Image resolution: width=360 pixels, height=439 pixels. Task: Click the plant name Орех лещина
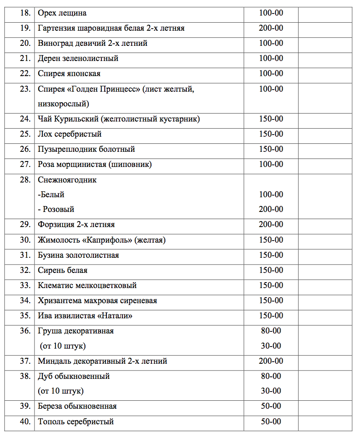[x=62, y=13]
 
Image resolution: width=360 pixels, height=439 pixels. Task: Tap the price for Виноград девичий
[x=271, y=43]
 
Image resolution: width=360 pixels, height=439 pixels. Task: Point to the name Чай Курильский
[x=68, y=119]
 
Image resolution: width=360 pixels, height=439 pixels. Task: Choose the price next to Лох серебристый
[x=271, y=134]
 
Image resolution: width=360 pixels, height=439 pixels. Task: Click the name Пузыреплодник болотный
[x=86, y=149]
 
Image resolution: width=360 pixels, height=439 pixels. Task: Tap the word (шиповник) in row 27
[x=130, y=164]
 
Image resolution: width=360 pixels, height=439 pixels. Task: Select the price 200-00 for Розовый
[x=271, y=209]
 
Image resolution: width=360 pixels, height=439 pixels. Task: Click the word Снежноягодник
[x=67, y=180]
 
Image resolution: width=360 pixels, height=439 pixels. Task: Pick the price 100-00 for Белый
[x=271, y=195]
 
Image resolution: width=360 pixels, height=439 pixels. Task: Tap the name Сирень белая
[x=62, y=270]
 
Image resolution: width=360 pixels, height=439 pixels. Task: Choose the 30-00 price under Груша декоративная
[x=271, y=346]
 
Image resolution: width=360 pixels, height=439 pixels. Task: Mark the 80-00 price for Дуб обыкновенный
[x=271, y=376]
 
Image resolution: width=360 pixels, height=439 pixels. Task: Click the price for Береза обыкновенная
[x=271, y=406]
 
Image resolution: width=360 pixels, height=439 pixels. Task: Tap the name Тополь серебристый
[x=76, y=422]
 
